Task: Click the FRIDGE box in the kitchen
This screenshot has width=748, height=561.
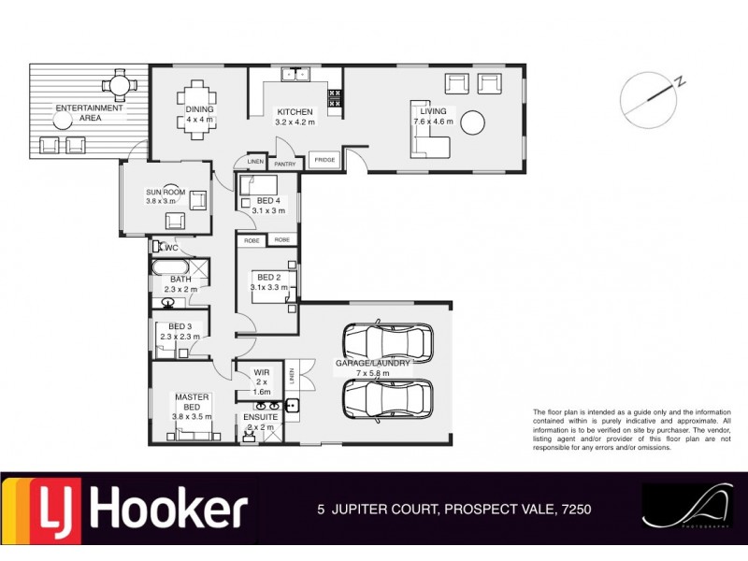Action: pos(324,160)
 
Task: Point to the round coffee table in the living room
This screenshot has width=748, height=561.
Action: pos(474,122)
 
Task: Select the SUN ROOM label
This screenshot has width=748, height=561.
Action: pos(162,194)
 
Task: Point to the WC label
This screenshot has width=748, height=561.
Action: pos(170,248)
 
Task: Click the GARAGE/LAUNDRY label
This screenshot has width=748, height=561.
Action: pos(364,367)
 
